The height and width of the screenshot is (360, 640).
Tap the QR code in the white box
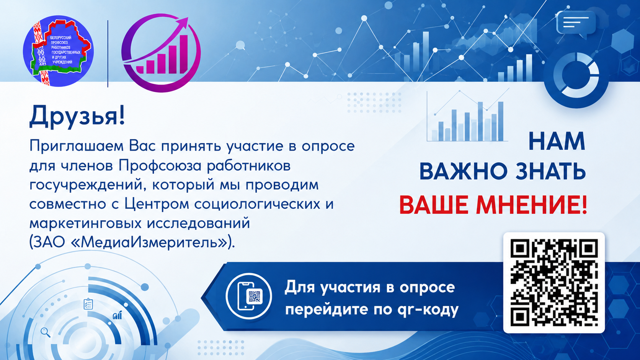[554, 283]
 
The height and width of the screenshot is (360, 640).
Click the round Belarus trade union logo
[58, 51]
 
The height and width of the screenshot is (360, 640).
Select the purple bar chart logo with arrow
[161, 53]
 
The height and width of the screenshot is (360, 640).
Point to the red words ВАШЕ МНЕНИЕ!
[493, 205]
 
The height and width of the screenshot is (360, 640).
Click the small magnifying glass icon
[46, 332]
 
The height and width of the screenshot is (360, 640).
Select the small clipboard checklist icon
[88, 304]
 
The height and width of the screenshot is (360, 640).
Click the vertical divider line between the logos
[108, 54]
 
